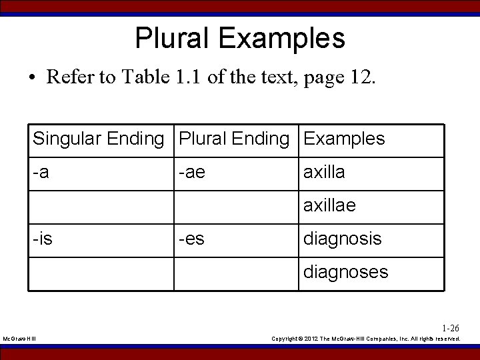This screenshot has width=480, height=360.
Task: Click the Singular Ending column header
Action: pos(98,139)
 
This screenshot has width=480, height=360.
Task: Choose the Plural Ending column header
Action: pos(234,139)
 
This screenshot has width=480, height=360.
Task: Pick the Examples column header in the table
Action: pos(344,139)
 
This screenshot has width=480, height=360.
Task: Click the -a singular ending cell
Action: pos(41,173)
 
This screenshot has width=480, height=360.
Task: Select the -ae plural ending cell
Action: pos(191,173)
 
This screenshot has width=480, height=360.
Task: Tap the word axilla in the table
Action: pos(324,173)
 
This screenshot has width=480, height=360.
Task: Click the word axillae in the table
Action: pos(329,206)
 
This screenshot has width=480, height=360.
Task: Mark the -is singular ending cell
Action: pos(43,239)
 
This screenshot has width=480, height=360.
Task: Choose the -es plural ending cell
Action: pos(191,239)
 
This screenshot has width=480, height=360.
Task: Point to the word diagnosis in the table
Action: pos(343,239)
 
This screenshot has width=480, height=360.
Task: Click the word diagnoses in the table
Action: pos(345,272)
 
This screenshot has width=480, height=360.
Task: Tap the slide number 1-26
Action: pos(451,328)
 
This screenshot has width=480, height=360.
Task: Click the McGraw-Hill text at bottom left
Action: pos(20,339)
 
